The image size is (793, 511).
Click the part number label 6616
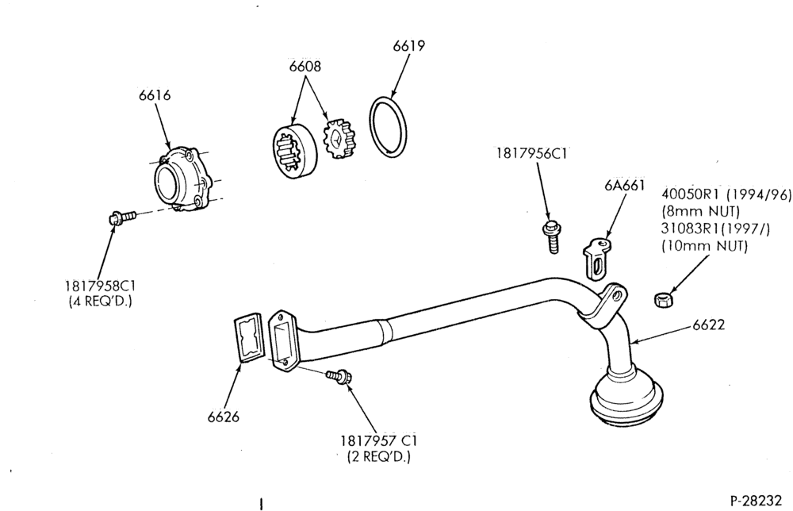click(x=155, y=95)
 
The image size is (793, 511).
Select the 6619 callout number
click(x=409, y=45)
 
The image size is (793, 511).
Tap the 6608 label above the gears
click(x=305, y=67)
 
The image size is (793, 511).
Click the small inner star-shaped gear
click(x=339, y=139)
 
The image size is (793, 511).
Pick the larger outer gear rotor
click(x=295, y=151)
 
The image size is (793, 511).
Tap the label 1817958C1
click(x=100, y=286)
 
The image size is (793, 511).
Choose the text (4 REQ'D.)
click(x=100, y=302)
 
